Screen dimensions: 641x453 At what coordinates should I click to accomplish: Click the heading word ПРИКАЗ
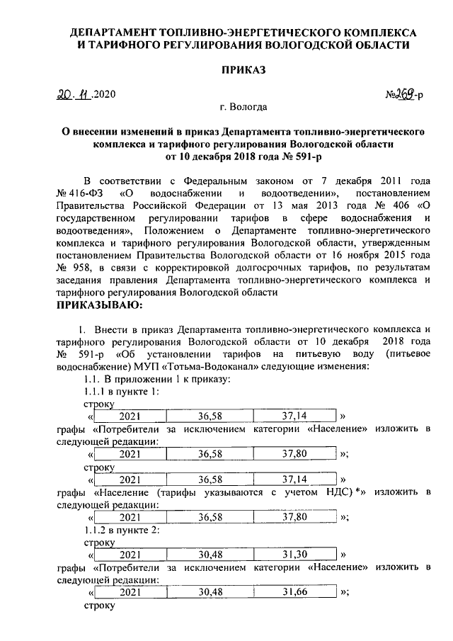243,69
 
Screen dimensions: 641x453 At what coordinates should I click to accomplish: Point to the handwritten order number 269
402,93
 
